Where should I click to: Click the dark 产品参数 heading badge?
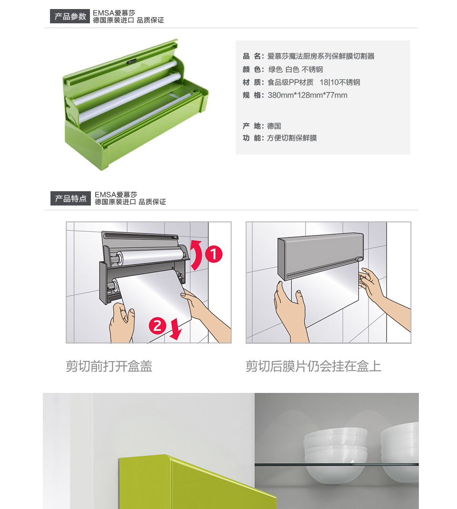pyautogui.click(x=70, y=16)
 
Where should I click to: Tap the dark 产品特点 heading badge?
pyautogui.click(x=70, y=198)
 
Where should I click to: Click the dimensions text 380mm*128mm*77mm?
pyautogui.click(x=308, y=95)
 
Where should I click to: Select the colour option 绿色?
pyautogui.click(x=276, y=69)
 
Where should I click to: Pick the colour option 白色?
pyautogui.click(x=292, y=69)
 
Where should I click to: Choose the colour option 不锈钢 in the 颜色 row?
pyautogui.click(x=312, y=69)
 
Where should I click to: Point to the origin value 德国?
pyautogui.click(x=274, y=126)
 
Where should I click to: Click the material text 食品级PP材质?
pyautogui.click(x=291, y=82)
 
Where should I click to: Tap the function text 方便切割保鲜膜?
pyautogui.click(x=292, y=138)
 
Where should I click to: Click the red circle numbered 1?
pyautogui.click(x=214, y=254)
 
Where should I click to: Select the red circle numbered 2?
pyautogui.click(x=158, y=325)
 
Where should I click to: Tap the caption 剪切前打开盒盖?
pyautogui.click(x=109, y=366)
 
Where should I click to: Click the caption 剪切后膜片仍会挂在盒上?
pyautogui.click(x=313, y=366)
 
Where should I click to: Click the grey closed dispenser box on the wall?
pyautogui.click(x=320, y=255)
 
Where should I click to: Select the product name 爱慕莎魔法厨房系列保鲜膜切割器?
pyautogui.click(x=321, y=56)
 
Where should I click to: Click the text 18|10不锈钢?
pyautogui.click(x=340, y=82)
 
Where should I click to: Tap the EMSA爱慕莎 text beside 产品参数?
pyautogui.click(x=114, y=13)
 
